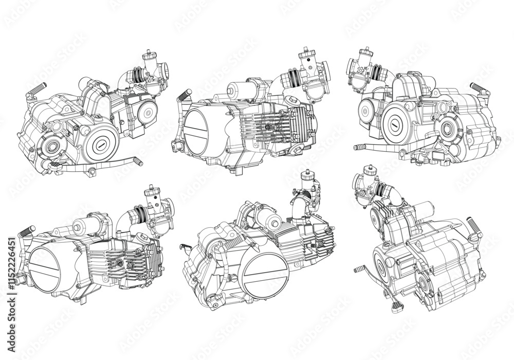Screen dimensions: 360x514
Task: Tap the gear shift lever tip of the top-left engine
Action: [138, 163]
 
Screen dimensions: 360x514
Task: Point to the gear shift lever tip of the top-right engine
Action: [359, 148]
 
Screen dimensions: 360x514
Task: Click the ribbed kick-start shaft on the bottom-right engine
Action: [474, 226]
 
